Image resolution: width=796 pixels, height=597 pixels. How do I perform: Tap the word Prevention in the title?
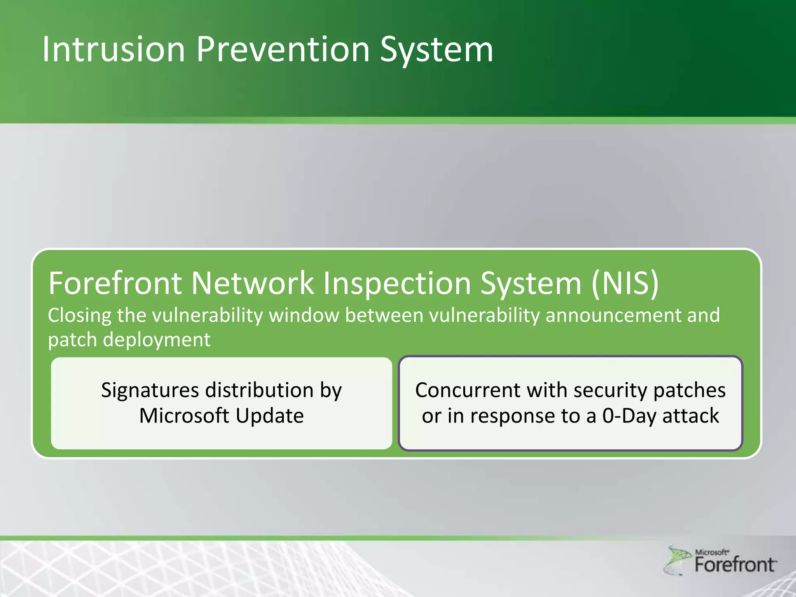(283, 49)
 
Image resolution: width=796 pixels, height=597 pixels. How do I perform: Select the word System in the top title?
(436, 49)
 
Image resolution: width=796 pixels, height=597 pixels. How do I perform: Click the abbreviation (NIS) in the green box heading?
(625, 283)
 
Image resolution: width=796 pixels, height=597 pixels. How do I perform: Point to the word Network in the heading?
(252, 283)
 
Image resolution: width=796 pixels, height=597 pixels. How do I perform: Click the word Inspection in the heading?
(398, 283)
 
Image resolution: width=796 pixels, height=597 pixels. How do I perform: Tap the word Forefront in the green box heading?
(115, 283)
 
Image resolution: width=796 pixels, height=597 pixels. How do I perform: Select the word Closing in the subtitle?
(79, 315)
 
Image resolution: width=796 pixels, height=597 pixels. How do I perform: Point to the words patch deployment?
(129, 340)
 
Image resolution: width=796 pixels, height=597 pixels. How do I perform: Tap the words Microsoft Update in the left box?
(222, 415)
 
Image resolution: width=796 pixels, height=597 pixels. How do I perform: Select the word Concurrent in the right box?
(467, 390)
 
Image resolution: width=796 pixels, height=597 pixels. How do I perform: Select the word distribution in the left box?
(259, 390)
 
